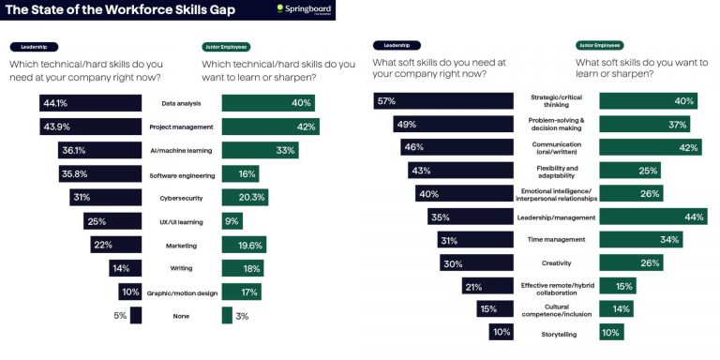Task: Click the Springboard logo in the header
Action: [x=305, y=9]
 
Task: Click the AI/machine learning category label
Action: [x=181, y=151]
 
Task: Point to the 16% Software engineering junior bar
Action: [x=240, y=174]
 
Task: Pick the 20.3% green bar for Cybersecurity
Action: [x=245, y=198]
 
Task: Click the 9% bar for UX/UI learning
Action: [x=232, y=221]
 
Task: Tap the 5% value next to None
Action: [x=120, y=316]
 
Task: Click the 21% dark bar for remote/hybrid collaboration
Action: [x=487, y=286]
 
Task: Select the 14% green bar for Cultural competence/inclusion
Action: [x=616, y=308]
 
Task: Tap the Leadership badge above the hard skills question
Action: [x=34, y=46]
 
